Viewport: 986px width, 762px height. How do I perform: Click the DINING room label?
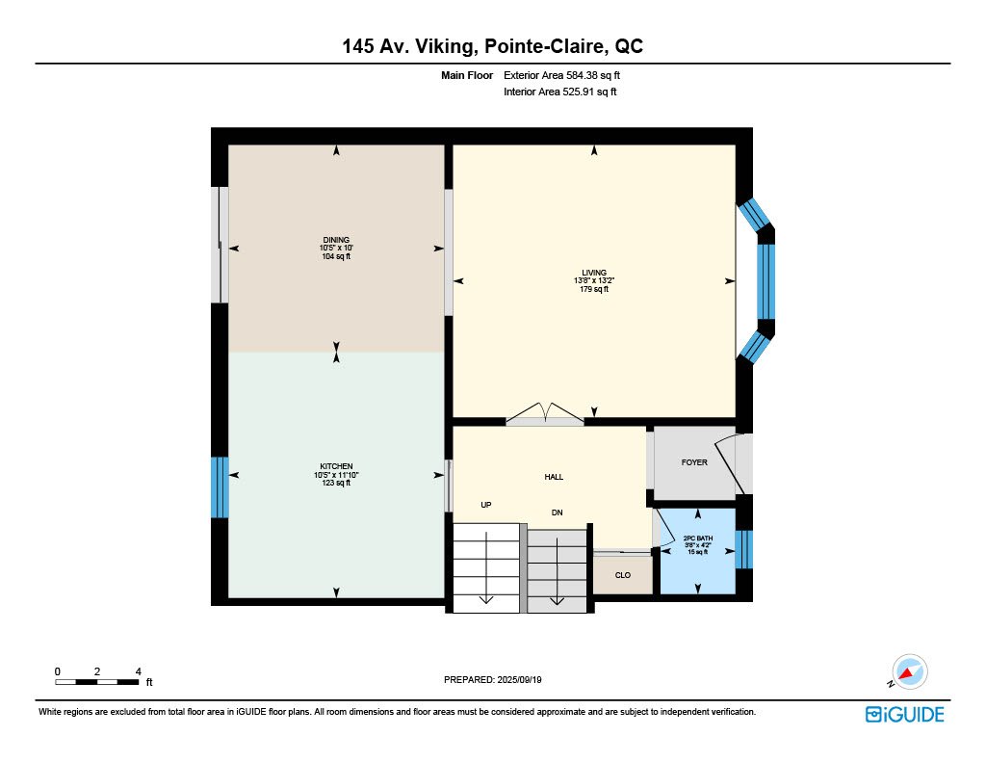tap(336, 240)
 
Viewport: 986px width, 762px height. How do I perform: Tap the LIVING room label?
tap(594, 273)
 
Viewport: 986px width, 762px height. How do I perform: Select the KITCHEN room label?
tap(336, 466)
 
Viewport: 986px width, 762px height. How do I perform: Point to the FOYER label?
tap(694, 461)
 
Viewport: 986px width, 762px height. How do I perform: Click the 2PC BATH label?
tap(698, 538)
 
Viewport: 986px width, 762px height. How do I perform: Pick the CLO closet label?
tap(623, 575)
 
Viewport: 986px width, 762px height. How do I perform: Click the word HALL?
tap(554, 477)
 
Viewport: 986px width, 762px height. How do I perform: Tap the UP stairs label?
tap(486, 505)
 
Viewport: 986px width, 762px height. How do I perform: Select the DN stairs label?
tap(558, 512)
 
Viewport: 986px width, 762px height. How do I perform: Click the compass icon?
tap(909, 672)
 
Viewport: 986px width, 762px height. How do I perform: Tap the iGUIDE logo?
tap(905, 715)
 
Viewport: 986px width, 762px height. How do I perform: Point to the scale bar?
tap(97, 682)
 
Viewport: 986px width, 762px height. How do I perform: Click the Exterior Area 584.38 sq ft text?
tap(561, 75)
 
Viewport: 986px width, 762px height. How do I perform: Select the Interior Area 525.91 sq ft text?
tap(559, 92)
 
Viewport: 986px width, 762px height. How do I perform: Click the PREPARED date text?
tap(493, 679)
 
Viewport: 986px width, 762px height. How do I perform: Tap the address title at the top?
tap(492, 46)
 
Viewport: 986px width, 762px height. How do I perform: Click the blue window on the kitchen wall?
tap(220, 487)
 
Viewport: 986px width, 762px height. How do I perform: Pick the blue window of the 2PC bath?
tap(744, 549)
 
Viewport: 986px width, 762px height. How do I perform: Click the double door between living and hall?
tap(545, 415)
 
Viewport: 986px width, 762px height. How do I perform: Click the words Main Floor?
tap(467, 75)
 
